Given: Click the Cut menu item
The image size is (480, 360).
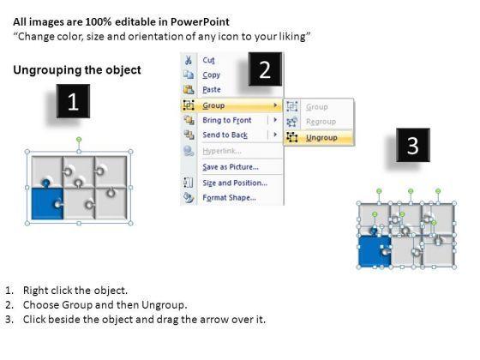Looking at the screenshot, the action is click(208, 60).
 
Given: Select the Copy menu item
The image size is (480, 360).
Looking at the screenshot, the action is click(211, 75).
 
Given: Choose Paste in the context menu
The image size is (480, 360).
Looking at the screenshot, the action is click(212, 90).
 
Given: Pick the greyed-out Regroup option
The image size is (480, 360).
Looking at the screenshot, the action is click(321, 122).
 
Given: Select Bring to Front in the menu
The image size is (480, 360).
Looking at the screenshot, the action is click(227, 120).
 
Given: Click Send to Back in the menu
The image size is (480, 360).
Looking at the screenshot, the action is click(225, 135).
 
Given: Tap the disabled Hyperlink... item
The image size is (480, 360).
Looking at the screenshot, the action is click(222, 151).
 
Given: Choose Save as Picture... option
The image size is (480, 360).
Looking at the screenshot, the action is click(231, 167).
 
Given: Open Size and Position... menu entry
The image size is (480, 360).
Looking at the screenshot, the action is click(235, 183).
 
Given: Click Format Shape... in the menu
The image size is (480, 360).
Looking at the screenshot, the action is click(230, 197).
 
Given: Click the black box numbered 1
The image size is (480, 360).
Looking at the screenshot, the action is click(73, 101).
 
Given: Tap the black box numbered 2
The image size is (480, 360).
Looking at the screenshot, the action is click(265, 69).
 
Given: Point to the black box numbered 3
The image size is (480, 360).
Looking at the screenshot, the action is click(413, 145).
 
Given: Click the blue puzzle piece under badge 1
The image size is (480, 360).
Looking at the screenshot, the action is click(47, 202).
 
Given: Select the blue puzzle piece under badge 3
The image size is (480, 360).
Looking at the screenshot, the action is click(374, 250).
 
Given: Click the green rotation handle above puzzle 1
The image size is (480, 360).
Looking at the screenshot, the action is click(79, 140).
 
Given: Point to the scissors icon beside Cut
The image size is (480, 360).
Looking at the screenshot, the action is click(189, 60).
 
